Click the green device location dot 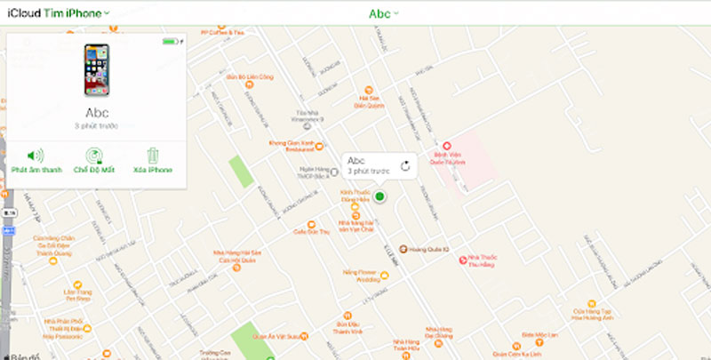pyautogui.click(x=379, y=196)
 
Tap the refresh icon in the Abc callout pyautogui.click(x=405, y=165)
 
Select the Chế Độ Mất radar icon pyautogui.click(x=93, y=156)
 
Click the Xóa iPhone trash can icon pyautogui.click(x=152, y=156)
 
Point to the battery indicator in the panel pyautogui.click(x=169, y=42)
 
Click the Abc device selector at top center pyautogui.click(x=383, y=13)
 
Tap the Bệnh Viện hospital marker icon pyautogui.click(x=448, y=146)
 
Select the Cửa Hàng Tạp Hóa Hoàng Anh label pyautogui.click(x=593, y=315)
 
